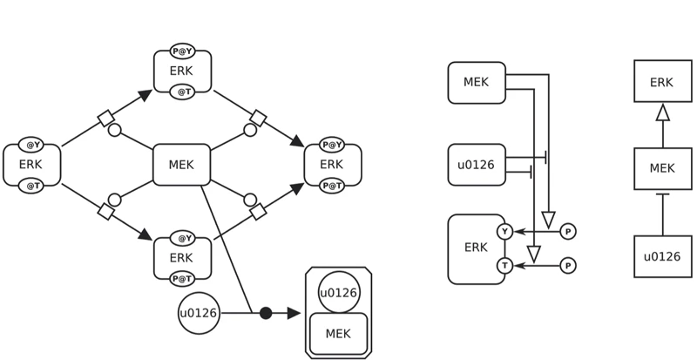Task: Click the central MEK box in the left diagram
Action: click(181, 165)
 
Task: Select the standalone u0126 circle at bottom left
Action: click(199, 313)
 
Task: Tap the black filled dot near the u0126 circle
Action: click(266, 313)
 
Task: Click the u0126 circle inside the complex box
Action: click(339, 293)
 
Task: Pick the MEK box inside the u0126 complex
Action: click(338, 334)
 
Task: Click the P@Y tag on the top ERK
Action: click(182, 51)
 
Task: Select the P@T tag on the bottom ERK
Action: click(182, 279)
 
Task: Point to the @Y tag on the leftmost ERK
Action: click(31, 145)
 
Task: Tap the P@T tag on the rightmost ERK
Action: click(332, 186)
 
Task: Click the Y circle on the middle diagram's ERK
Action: click(504, 232)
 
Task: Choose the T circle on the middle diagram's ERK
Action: click(504, 265)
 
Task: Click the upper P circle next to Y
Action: click(568, 232)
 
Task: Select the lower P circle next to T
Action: click(568, 265)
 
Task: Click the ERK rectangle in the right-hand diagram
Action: click(662, 82)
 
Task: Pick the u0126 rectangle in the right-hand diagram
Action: click(662, 256)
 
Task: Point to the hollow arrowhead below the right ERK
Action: click(662, 112)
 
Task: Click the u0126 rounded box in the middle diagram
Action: click(476, 165)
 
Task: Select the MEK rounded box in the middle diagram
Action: click(476, 83)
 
